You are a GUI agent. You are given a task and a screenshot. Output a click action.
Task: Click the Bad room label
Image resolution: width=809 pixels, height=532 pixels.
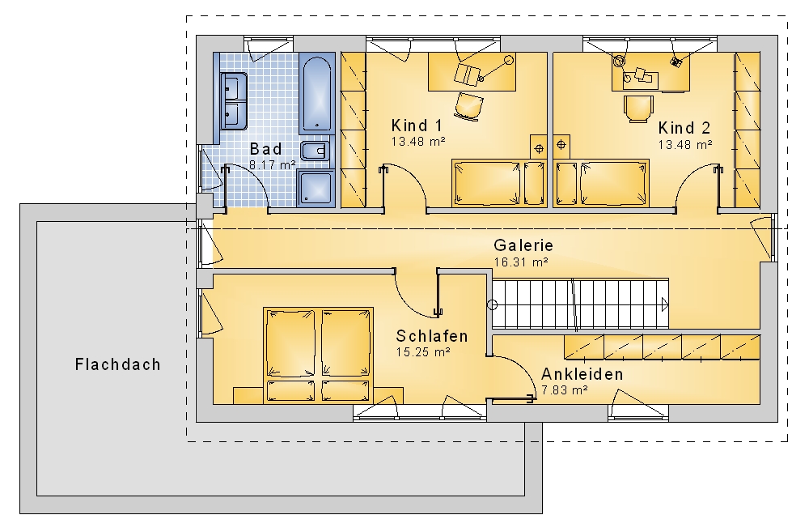tap(265, 149)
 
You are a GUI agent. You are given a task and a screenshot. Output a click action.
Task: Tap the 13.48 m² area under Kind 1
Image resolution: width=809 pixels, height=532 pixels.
tap(418, 142)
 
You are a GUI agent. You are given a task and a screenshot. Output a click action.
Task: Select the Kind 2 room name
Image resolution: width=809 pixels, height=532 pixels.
tap(684, 128)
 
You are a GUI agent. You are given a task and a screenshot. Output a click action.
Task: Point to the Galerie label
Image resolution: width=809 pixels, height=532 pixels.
tap(523, 245)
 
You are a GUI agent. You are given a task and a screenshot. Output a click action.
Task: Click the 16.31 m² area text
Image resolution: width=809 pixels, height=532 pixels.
tap(521, 262)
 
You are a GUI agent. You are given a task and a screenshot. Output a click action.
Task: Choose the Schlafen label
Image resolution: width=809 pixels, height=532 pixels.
tap(432, 336)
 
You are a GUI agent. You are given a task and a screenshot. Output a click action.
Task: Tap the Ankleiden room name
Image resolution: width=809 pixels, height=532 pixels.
tap(582, 374)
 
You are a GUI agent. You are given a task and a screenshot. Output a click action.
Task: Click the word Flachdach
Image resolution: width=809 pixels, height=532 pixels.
tap(117, 364)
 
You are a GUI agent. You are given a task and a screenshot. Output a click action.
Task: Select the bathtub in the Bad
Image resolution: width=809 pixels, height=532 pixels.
tap(317, 95)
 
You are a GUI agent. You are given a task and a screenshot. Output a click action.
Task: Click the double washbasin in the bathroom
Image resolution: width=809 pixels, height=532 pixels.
tap(234, 100)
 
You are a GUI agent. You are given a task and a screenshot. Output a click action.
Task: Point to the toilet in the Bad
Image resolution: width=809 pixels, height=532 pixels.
tap(315, 151)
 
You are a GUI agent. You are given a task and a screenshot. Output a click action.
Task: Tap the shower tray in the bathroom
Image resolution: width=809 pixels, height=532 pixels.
tap(315, 188)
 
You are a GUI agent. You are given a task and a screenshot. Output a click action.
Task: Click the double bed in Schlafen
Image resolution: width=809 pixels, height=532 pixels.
tap(318, 355)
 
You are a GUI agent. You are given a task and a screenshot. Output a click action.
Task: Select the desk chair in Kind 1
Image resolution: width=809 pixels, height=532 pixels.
tap(469, 106)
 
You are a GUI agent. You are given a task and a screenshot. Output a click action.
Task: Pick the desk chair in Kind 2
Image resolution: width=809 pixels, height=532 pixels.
tap(638, 109)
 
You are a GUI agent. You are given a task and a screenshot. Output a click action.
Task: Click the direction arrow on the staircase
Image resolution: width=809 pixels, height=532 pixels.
tap(665, 304)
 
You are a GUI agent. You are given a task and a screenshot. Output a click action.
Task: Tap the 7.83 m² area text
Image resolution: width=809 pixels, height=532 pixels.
tap(565, 390)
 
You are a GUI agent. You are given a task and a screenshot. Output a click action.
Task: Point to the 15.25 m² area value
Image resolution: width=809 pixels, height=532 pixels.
tap(423, 352)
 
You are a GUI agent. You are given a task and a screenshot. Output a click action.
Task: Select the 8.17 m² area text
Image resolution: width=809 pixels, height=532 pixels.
tap(273, 165)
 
